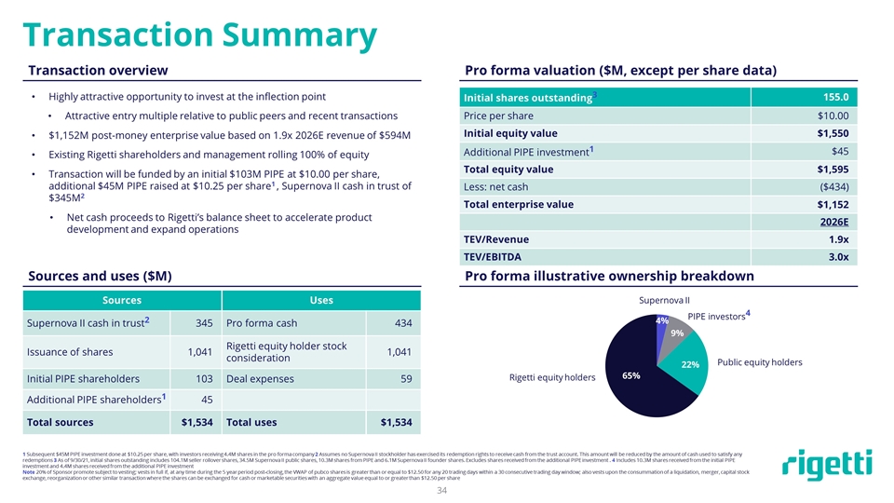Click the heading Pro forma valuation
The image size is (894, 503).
click(620, 71)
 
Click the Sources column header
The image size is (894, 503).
click(122, 300)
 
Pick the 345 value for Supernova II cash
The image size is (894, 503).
click(199, 322)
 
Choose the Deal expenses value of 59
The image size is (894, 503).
click(406, 379)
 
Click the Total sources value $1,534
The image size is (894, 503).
click(196, 423)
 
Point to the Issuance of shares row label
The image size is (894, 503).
click(71, 352)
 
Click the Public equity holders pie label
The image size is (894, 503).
click(759, 361)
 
